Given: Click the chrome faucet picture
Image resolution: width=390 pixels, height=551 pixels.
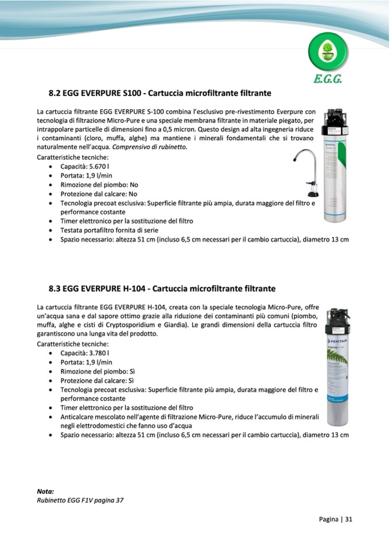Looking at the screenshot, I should coord(307,172).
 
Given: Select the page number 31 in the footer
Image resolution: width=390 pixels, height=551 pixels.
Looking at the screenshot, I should coord(349,519).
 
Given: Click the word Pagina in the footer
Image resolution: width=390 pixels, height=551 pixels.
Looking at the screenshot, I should coord(328,519).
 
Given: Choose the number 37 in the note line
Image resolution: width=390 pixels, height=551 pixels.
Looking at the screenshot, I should coord(119,500).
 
